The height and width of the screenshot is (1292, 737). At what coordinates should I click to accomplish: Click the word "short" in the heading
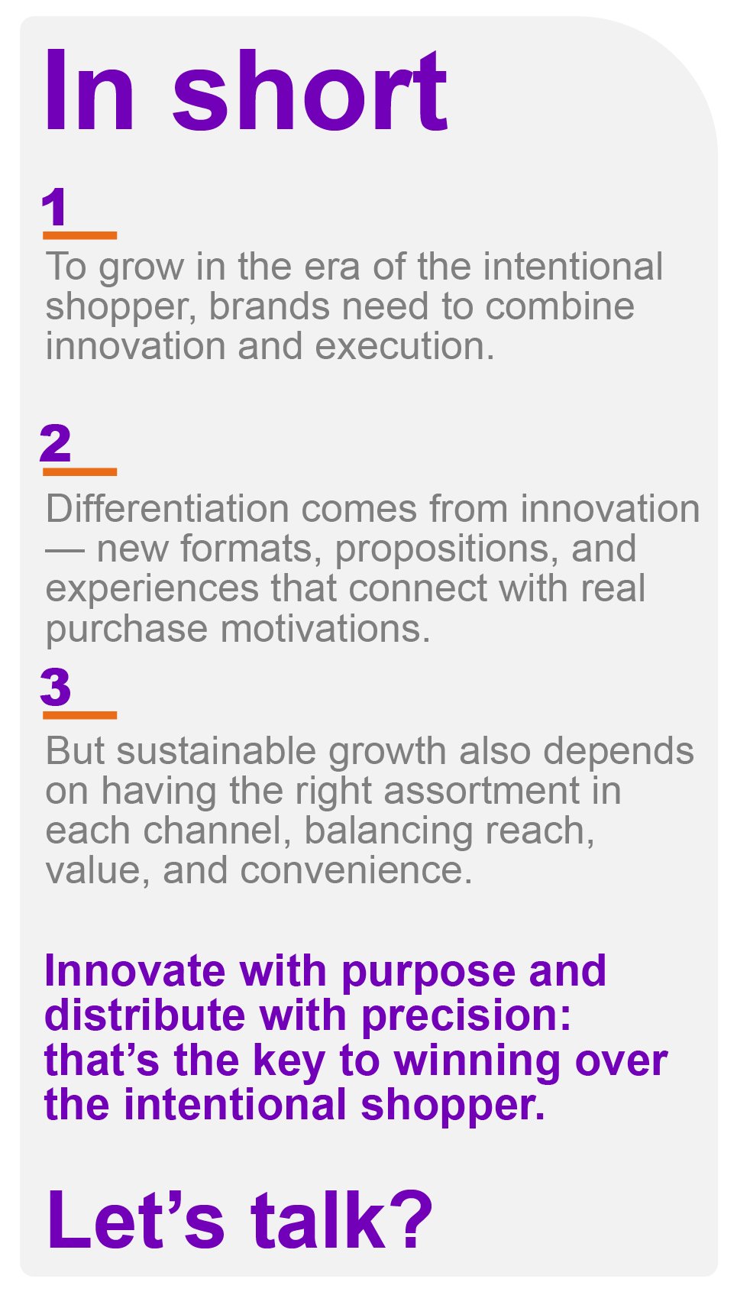(x=310, y=91)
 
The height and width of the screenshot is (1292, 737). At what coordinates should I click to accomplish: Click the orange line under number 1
(x=79, y=235)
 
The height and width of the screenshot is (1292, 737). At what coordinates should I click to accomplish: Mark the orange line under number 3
(x=79, y=715)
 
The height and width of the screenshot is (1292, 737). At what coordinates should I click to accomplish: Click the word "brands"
(x=270, y=306)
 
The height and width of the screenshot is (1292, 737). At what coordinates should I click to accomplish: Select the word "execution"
(x=405, y=347)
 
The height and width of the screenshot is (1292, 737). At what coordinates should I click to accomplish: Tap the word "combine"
(x=560, y=306)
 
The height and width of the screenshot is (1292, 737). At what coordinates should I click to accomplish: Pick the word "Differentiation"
(x=167, y=509)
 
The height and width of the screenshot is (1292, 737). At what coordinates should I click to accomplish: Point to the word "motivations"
(x=326, y=630)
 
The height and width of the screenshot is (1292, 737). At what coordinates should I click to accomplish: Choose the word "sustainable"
(x=217, y=751)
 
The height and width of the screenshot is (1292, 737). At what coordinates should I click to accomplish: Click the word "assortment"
(x=481, y=792)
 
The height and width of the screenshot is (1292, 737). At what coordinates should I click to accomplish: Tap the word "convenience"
(x=357, y=872)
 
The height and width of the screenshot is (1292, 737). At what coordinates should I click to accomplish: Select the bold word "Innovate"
(x=135, y=971)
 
